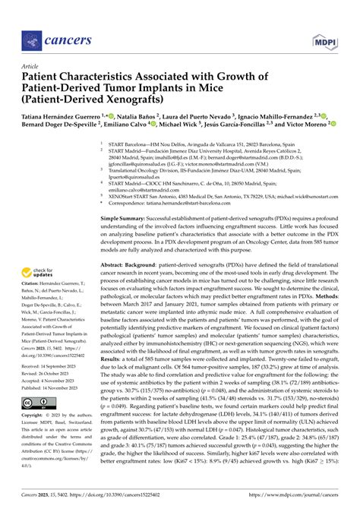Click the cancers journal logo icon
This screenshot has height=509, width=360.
point(30,37)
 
